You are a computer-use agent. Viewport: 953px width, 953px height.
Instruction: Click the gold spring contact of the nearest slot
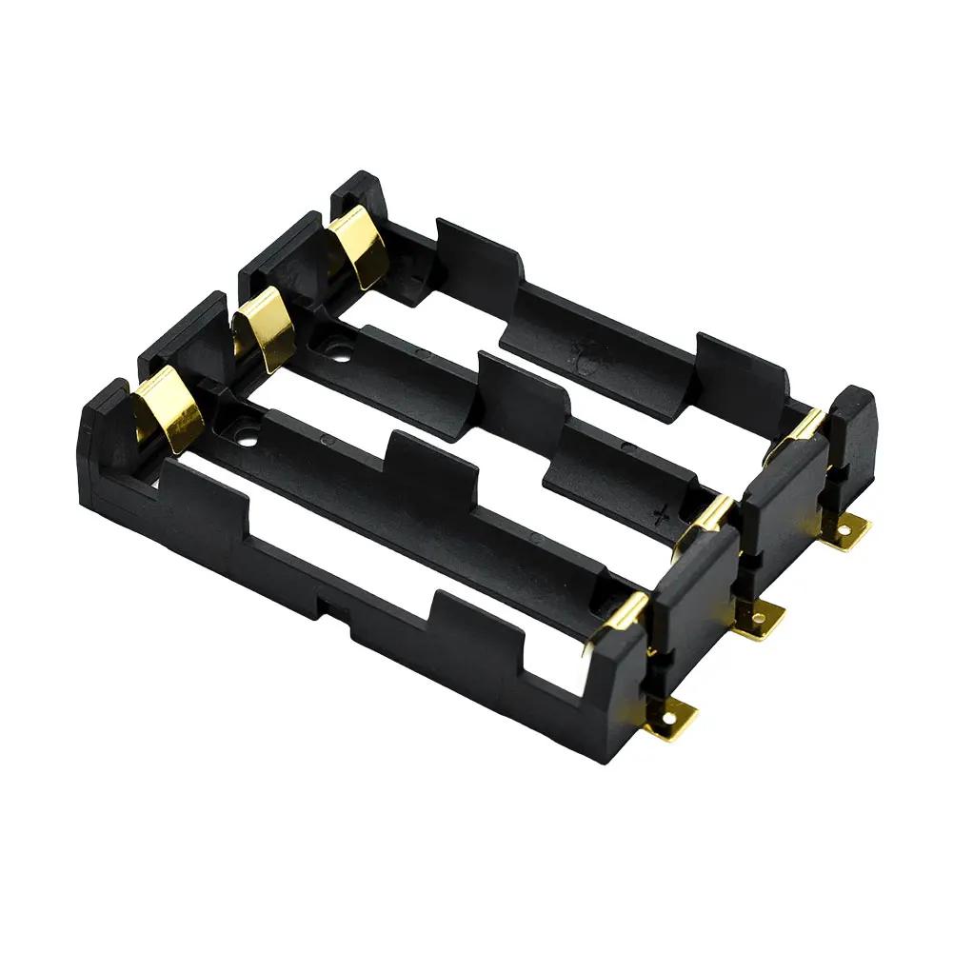[x=169, y=408]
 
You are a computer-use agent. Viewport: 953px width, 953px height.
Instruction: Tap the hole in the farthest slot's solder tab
[x=851, y=527]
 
